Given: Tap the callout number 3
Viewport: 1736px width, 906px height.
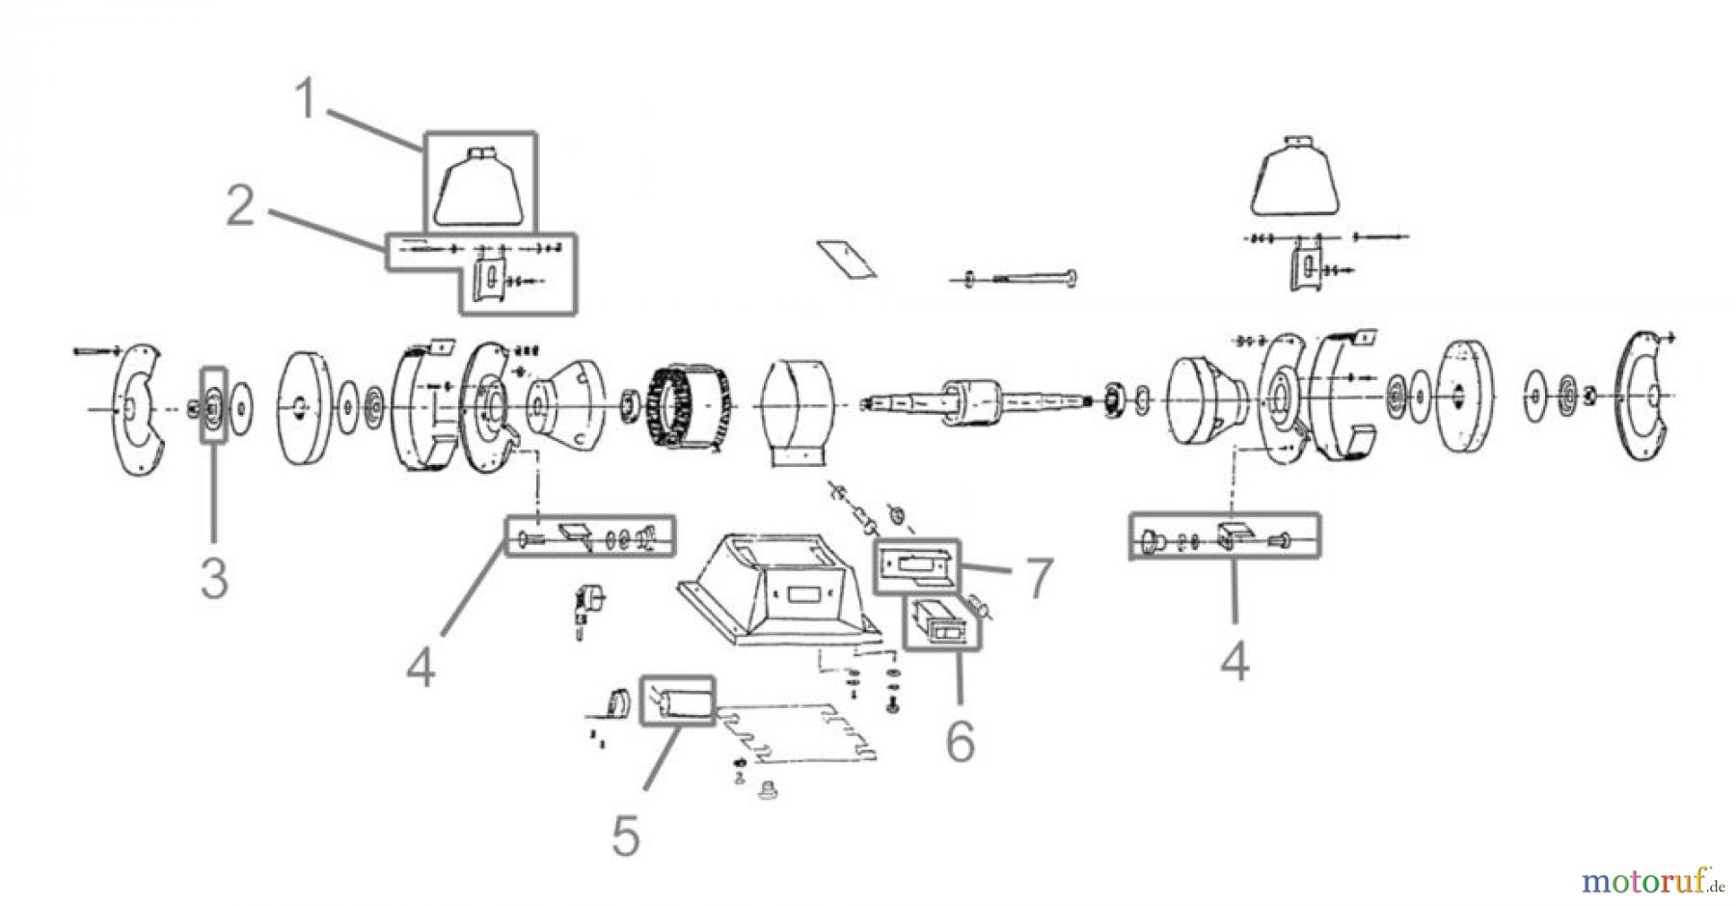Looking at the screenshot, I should point(213,578).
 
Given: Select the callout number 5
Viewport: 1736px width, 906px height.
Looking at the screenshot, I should point(626,837).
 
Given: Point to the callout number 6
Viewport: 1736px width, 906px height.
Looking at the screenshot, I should point(960,740).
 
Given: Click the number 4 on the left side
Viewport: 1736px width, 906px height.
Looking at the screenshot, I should point(420,668).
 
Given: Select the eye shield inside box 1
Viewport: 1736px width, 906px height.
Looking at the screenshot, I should point(479,188).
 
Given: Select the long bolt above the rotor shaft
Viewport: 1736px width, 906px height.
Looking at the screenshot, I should point(1020,279).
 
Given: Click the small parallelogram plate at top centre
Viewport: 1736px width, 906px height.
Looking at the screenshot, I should point(847,260).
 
